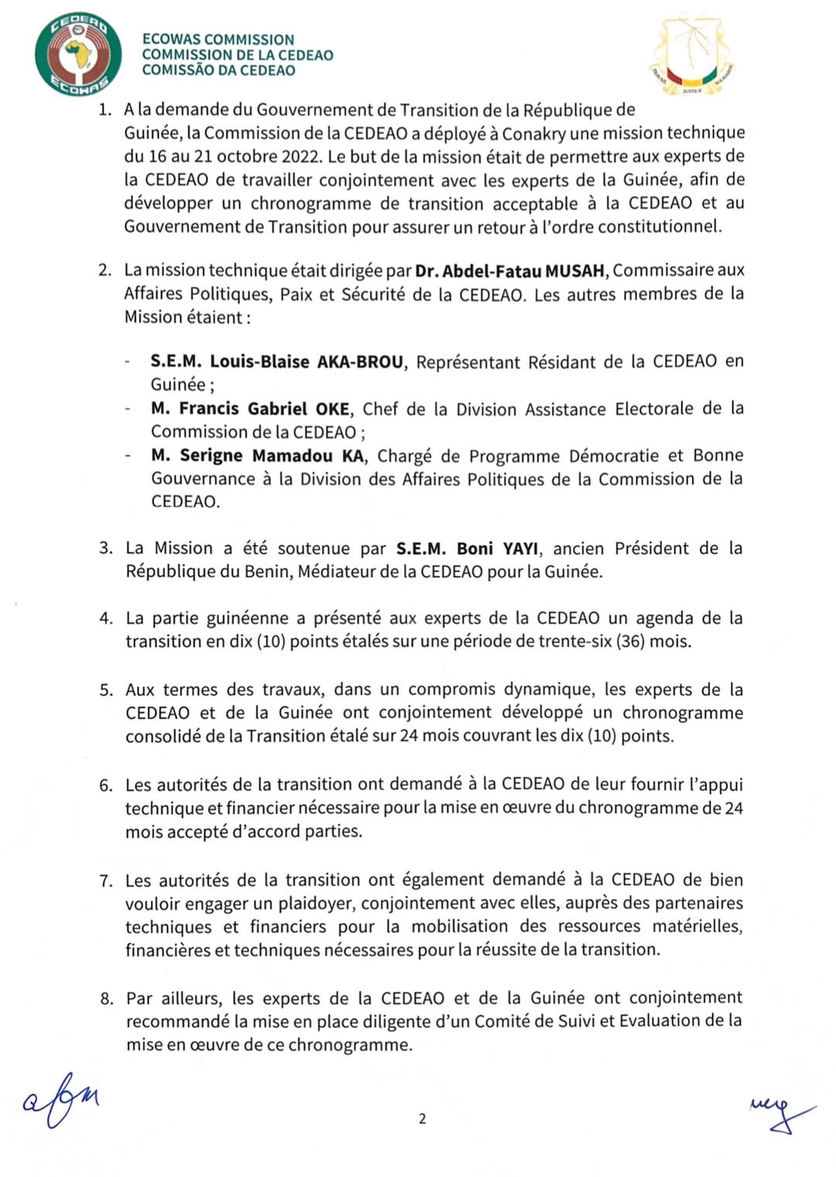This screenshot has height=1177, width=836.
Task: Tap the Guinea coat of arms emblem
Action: (x=691, y=56)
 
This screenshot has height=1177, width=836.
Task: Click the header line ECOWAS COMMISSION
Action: (x=218, y=39)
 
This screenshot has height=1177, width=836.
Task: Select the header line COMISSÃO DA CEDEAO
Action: (x=218, y=70)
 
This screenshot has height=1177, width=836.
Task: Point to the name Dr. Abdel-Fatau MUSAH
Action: (x=512, y=271)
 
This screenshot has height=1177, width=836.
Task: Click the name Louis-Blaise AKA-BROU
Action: (x=307, y=362)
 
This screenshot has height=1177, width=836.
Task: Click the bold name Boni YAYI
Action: (x=497, y=549)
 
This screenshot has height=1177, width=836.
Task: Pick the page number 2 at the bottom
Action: (x=422, y=1119)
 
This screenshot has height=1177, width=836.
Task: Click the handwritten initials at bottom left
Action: (x=60, y=1100)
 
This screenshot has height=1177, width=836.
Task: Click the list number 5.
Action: (x=105, y=690)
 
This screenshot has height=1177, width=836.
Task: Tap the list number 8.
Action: (x=105, y=998)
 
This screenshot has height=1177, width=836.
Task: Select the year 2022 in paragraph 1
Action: (x=300, y=156)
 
